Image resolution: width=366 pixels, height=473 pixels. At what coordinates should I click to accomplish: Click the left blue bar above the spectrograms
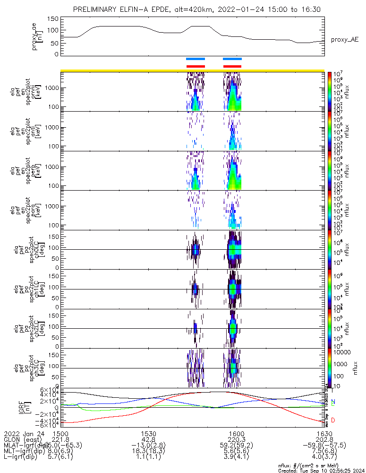[195, 59]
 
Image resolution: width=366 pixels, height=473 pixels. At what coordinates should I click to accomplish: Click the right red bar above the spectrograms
[232, 66]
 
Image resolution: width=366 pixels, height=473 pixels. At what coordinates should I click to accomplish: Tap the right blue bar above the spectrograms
[232, 59]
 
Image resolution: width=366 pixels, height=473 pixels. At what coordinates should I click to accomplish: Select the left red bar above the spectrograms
[196, 66]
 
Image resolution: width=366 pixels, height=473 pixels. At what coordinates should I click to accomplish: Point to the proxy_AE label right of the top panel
[344, 40]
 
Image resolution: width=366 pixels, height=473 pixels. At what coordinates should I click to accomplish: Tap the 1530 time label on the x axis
[148, 433]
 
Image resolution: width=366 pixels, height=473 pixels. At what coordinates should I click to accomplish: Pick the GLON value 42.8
[148, 439]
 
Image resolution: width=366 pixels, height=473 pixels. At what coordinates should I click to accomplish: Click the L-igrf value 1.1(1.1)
[148, 458]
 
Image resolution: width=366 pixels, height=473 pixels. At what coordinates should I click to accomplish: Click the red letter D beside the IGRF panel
[333, 420]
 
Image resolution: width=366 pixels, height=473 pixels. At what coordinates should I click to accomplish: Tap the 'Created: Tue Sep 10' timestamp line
[321, 471]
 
